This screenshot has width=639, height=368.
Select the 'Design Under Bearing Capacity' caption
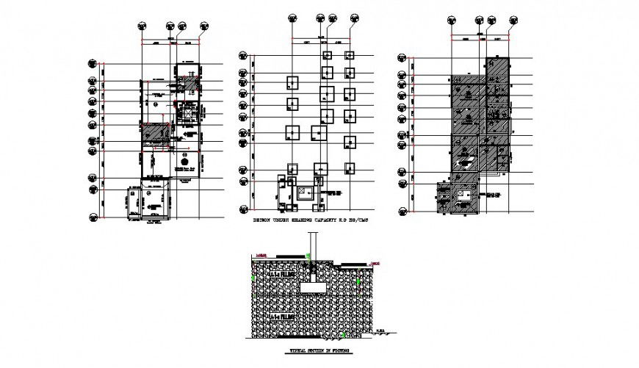tap(310, 220)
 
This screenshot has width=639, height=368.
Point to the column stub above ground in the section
tap(311, 243)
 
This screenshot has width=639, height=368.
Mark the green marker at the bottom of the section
tap(345, 336)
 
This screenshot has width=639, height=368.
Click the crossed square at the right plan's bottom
tap(463, 195)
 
